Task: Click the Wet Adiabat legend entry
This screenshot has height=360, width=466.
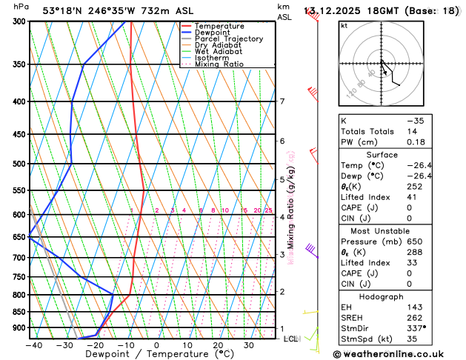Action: [x=219, y=51]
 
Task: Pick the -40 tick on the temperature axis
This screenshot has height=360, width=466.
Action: [x=33, y=345]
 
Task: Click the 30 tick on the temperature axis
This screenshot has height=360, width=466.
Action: [x=250, y=345]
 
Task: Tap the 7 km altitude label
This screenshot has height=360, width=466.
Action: [x=282, y=101]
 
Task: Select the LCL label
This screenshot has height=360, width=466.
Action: [x=290, y=339]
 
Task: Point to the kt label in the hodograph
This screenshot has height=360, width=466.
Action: [x=344, y=25]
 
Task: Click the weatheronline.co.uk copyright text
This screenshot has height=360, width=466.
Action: [x=399, y=354]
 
